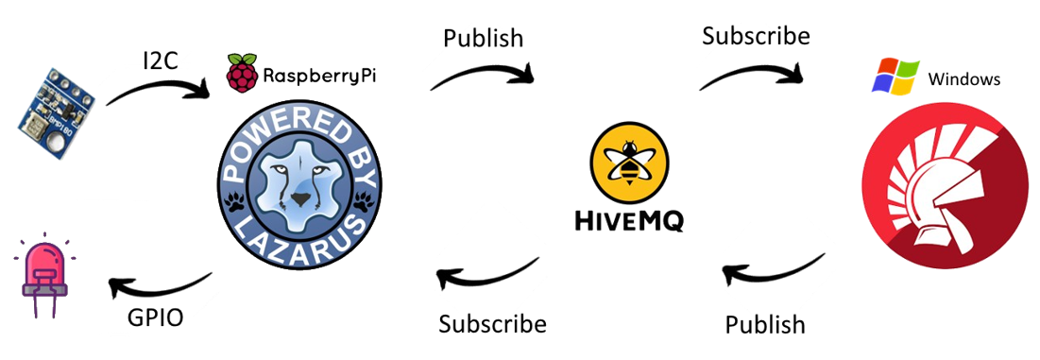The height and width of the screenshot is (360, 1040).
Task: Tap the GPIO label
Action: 155,317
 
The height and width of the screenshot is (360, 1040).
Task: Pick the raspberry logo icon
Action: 241,74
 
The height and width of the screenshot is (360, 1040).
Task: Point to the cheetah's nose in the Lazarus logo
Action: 299,199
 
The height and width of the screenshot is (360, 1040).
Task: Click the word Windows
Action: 964,79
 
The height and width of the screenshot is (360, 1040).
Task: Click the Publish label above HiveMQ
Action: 483,40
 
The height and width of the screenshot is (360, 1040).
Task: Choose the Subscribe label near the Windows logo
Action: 756,37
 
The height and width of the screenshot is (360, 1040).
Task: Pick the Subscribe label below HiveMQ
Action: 492,324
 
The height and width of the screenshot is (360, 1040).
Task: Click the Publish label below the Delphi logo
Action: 765,325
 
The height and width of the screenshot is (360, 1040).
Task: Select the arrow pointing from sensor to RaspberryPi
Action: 156,89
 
